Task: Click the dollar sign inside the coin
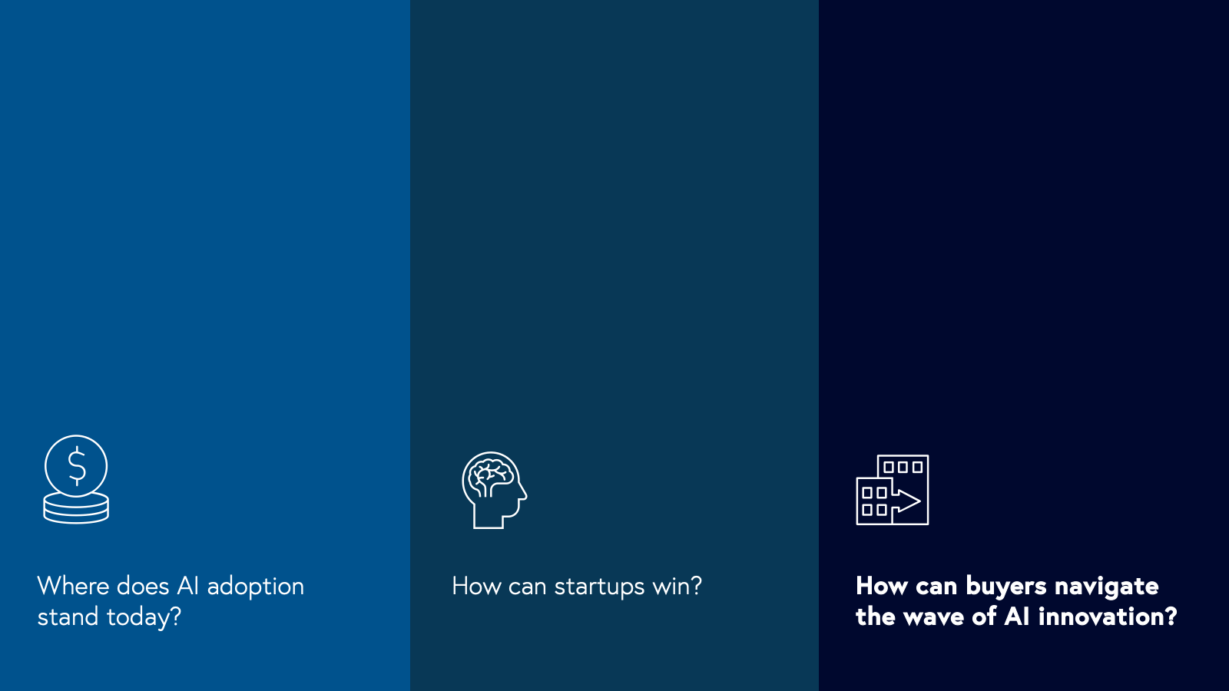(x=77, y=465)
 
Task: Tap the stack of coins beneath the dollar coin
(x=76, y=508)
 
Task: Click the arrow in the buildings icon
(x=906, y=500)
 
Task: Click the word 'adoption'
(x=255, y=587)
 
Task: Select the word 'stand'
(x=68, y=617)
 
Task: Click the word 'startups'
(x=599, y=587)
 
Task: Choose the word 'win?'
(x=677, y=586)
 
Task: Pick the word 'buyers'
(x=1006, y=587)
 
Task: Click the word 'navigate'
(x=1107, y=587)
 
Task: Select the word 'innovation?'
(x=1108, y=617)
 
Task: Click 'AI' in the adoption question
(x=187, y=586)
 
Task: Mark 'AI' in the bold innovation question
(x=1017, y=617)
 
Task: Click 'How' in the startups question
(x=476, y=586)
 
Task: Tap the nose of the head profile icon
(x=524, y=496)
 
